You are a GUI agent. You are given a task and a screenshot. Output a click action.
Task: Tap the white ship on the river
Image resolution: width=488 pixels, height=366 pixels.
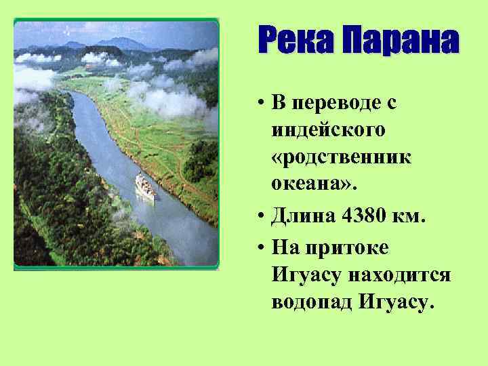[x=145, y=186]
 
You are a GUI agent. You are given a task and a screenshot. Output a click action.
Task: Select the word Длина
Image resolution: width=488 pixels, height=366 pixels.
[x=303, y=218]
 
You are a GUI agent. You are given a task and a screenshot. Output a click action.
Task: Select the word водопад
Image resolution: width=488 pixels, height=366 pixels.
[x=310, y=302]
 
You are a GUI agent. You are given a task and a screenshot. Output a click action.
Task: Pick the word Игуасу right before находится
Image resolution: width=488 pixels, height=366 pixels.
[x=307, y=274]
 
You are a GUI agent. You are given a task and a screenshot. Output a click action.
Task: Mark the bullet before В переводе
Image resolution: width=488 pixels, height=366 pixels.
[x=260, y=104]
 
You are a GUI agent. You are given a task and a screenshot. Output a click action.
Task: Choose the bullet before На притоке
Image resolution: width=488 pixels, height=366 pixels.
[x=260, y=248]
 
